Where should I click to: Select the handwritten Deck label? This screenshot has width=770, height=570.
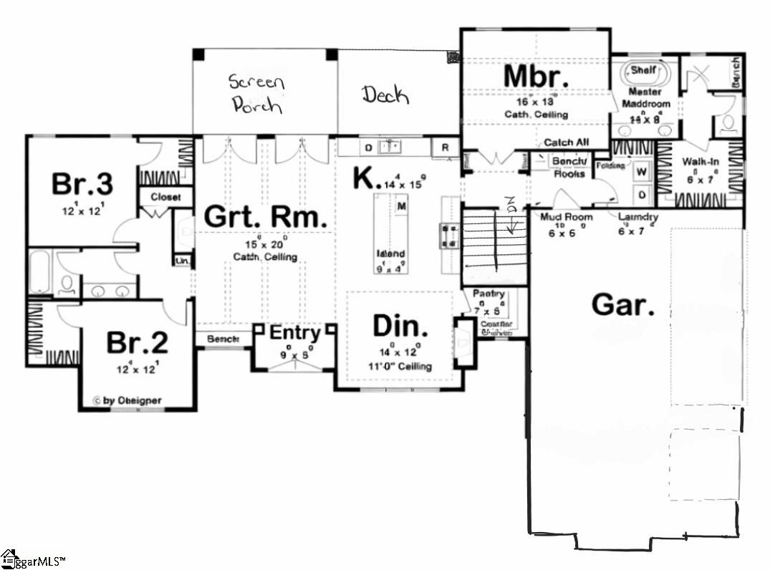[384, 94]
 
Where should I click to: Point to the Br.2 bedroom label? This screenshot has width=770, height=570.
[137, 342]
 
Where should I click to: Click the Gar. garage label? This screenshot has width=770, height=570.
[622, 305]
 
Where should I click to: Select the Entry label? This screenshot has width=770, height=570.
[294, 333]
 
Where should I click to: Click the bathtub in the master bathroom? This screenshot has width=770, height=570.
[645, 73]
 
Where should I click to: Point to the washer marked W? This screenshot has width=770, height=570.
[642, 172]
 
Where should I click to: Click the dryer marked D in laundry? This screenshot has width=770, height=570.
[642, 194]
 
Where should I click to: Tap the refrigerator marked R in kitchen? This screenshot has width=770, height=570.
[445, 148]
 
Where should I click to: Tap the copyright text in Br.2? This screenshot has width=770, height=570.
[127, 401]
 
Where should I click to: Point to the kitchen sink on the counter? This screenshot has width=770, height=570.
[390, 147]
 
